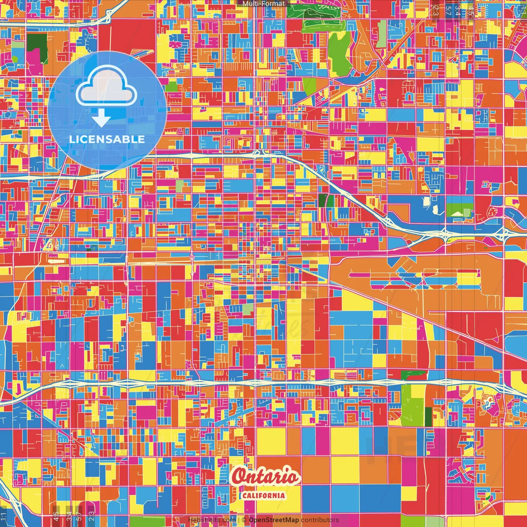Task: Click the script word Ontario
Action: (266, 477)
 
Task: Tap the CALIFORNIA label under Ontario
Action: (263, 495)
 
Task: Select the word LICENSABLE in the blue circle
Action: (107, 139)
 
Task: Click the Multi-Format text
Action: (263, 4)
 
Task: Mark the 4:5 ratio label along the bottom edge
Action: (56, 516)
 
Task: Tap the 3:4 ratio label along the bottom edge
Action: (69, 516)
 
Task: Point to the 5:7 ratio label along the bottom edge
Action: (79, 516)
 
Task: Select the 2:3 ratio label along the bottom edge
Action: (91, 516)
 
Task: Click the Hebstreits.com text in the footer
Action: (212, 520)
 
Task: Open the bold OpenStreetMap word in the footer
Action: (274, 520)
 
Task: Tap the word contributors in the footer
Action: (320, 520)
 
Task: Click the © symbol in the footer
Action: (244, 520)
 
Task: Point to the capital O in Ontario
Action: (240, 477)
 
